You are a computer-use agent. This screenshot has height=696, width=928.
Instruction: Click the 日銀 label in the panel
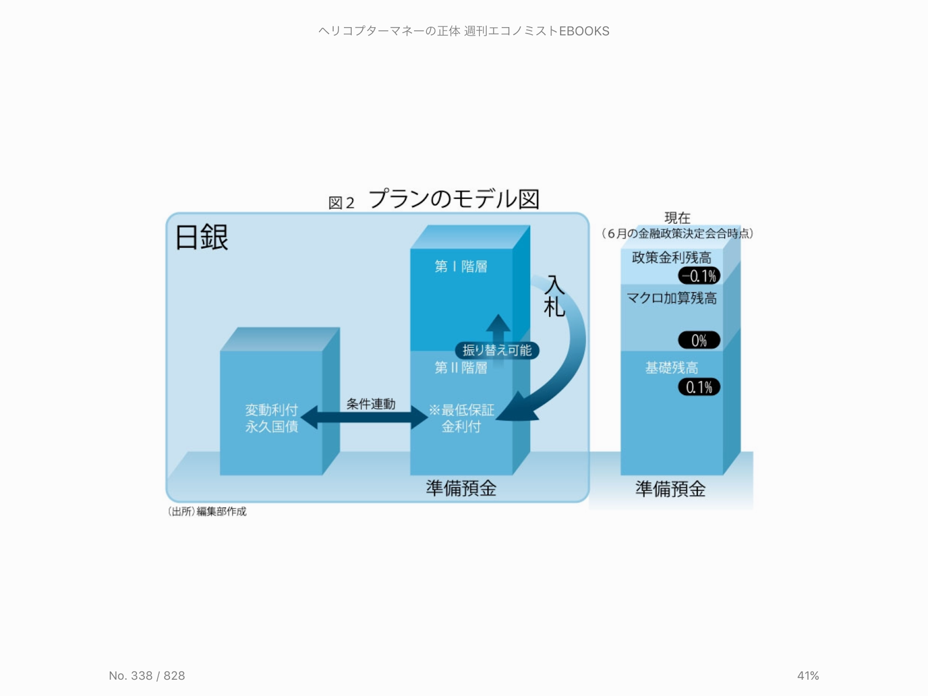(202, 237)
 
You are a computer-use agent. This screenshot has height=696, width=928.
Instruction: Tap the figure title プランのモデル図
(454, 199)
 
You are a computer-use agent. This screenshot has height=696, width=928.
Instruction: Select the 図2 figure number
(341, 203)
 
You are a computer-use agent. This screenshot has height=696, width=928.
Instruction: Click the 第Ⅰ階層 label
(461, 266)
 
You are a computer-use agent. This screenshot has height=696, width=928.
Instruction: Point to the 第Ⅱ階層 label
(461, 368)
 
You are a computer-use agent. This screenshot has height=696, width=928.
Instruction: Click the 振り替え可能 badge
(497, 350)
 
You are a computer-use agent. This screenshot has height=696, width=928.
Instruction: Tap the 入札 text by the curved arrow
(554, 296)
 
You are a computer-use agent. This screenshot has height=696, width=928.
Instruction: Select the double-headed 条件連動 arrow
(364, 417)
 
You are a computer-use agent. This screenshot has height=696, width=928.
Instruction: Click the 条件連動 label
(371, 404)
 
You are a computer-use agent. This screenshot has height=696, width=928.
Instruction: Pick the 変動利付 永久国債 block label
(271, 418)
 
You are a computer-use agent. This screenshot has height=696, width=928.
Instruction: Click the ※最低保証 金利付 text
(462, 418)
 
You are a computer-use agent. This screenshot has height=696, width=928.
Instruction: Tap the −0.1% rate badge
(699, 276)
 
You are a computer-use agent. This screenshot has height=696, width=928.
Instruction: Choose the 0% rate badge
(699, 340)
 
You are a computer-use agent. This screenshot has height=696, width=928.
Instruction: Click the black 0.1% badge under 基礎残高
(699, 387)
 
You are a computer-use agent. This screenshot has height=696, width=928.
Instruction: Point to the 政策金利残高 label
(672, 258)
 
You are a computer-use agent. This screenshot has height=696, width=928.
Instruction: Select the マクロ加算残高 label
(672, 298)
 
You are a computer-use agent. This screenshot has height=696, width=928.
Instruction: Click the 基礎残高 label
(672, 368)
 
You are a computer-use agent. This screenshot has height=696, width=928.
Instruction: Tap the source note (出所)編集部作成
(207, 511)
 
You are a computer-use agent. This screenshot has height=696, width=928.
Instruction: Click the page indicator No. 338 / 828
(147, 676)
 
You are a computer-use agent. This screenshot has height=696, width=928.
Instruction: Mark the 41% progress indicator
(808, 676)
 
